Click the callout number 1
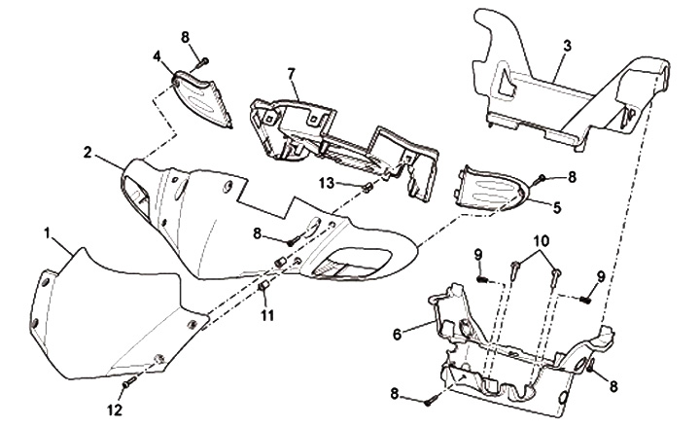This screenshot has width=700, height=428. [48, 233]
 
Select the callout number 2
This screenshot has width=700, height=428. [87, 153]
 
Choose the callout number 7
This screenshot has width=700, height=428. [290, 74]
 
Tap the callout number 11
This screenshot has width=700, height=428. [268, 316]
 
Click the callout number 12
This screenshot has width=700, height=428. [116, 410]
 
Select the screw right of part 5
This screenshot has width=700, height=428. [542, 181]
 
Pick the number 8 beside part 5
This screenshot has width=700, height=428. [572, 176]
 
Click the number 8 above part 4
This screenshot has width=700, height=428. [186, 38]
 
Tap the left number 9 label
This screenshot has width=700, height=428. [479, 255]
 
